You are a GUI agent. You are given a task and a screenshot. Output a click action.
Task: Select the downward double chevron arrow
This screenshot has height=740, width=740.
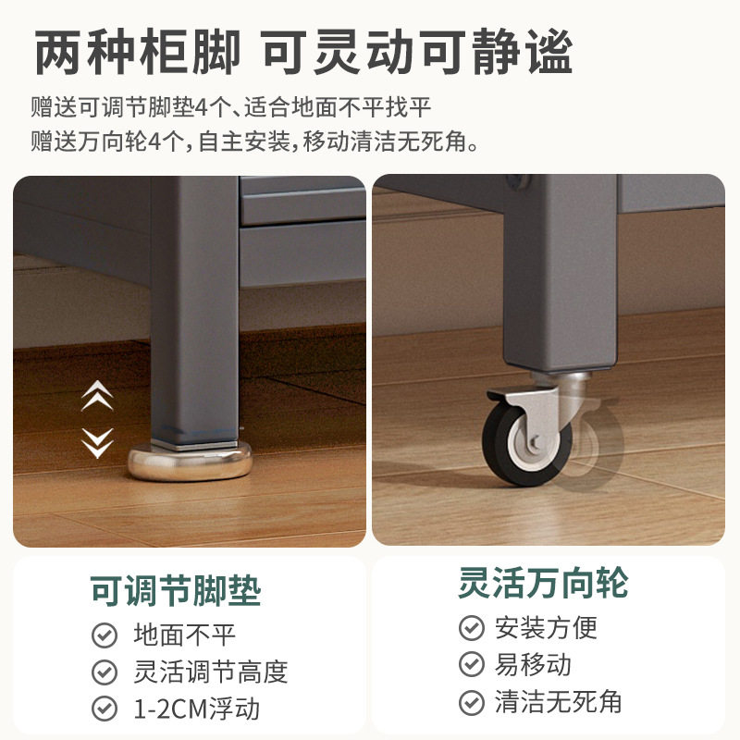pos(96,442)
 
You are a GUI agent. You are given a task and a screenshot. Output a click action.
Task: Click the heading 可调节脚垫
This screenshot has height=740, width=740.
pos(175,589)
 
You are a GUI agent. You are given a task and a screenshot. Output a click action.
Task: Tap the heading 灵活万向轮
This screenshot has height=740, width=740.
pos(543,583)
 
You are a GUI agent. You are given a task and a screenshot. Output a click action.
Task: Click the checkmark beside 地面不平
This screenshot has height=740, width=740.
pos(105,635)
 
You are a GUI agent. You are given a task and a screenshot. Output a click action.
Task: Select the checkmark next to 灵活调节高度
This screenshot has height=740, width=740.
pos(105,672)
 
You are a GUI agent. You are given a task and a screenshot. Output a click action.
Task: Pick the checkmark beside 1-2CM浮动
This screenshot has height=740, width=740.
pos(105,709)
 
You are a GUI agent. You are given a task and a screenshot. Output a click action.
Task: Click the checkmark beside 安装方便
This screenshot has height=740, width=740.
pos(472,628)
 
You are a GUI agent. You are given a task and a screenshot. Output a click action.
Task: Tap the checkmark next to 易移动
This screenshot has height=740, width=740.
pos(472,664)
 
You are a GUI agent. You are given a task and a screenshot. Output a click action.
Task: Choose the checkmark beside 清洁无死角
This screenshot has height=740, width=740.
pos(472,701)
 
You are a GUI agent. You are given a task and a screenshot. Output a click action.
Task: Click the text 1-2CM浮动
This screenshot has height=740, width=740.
pos(197,709)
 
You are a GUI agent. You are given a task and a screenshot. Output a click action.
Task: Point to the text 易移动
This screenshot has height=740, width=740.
pos(534,664)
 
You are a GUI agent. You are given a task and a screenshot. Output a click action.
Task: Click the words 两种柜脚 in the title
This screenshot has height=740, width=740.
pos(137,53)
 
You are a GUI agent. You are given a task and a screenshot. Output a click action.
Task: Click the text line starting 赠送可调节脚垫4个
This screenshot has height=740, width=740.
pos(231,107)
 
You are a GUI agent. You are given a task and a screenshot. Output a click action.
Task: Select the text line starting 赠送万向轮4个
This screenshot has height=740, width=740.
pos(255,142)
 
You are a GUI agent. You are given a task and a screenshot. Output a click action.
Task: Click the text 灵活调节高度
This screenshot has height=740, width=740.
pos(211,672)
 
